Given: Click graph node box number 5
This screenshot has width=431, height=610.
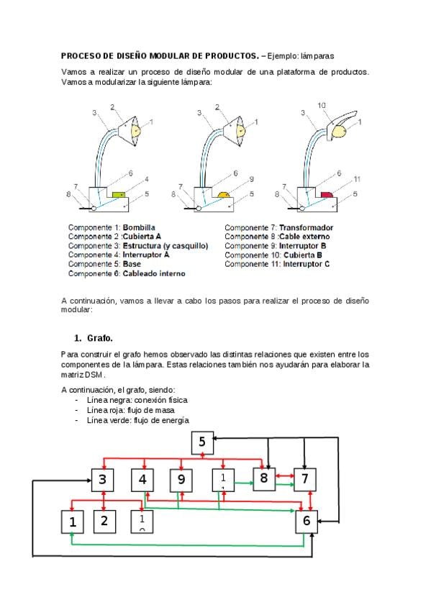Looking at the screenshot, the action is pos(202,442).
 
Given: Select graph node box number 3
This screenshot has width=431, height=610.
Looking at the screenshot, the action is pos(103,480).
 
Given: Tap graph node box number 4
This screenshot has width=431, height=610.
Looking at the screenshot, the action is pos(142,480).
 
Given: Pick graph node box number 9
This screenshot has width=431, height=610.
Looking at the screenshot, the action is pos(181,480).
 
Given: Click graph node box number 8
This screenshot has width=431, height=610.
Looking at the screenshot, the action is pos(264,478).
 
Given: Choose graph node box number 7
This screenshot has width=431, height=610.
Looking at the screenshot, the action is pos(305,480).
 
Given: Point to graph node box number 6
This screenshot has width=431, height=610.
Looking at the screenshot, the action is pos(307,522).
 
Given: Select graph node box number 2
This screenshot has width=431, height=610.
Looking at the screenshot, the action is pos(104,522).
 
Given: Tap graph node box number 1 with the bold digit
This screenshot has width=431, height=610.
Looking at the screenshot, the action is pos(73,522).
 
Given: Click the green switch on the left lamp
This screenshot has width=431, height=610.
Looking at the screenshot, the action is pos(119,194).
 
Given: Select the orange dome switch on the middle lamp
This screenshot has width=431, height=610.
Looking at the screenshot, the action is pos(223,194).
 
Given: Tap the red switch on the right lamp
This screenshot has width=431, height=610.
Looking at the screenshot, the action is pos(327,194).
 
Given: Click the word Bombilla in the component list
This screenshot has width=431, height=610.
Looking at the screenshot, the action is pos(139,227).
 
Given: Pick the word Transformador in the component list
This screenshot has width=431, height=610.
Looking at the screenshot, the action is pos(306,227).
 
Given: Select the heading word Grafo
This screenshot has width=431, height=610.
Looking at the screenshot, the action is pos(100,338).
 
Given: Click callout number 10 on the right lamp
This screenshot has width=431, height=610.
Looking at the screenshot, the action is pos(322,106).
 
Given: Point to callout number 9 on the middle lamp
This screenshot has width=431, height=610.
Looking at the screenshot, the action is pos(252,179).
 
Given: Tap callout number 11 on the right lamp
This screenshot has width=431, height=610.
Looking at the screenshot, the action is pos(357,179).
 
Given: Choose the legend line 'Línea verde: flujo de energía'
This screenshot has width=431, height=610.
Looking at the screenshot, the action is pos(138,420).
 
